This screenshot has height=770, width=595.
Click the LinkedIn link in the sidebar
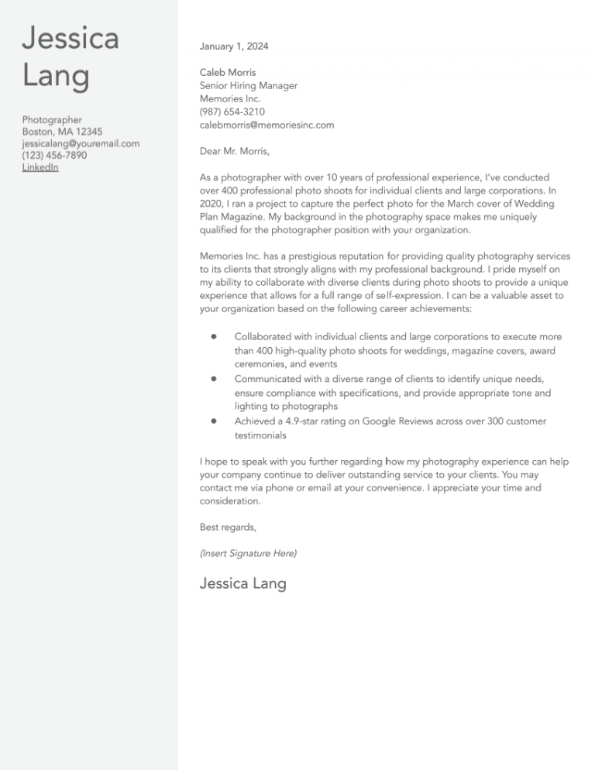40,167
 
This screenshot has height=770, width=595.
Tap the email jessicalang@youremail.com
81,144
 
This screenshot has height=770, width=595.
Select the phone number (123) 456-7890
54,156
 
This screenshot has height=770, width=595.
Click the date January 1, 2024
234,46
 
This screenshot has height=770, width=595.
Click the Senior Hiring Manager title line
249,86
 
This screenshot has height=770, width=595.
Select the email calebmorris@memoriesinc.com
267,125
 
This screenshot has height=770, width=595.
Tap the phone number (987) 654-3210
232,112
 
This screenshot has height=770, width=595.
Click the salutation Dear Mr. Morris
235,151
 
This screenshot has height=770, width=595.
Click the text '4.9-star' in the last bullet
315,421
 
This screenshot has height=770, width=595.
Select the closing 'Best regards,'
228,528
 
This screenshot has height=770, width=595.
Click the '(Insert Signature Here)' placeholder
248,554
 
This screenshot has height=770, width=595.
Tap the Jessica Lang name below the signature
242,583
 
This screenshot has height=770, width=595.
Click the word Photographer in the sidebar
52,120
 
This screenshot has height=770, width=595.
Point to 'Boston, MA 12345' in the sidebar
62,132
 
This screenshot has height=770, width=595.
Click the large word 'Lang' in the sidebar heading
56,76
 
